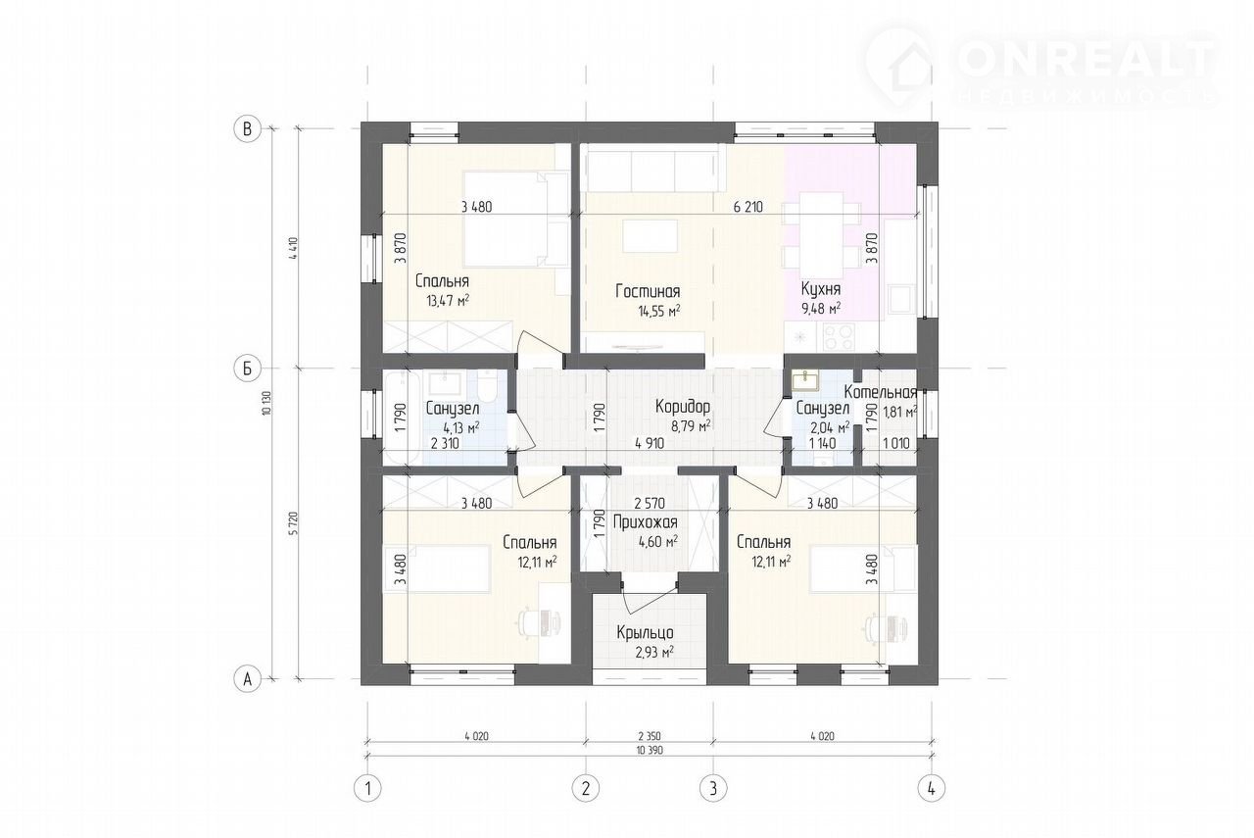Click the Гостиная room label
pyautogui.click(x=648, y=291)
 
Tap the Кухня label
pyautogui.click(x=821, y=289)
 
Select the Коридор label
pyautogui.click(x=683, y=407)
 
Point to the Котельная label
pyautogui.click(x=881, y=392)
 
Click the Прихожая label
pyautogui.click(x=646, y=522)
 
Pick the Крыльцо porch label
pyautogui.click(x=646, y=633)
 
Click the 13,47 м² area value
pyautogui.click(x=448, y=301)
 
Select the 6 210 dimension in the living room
pyautogui.click(x=748, y=207)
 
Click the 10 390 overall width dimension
pyautogui.click(x=650, y=751)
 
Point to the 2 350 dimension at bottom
pyautogui.click(x=650, y=736)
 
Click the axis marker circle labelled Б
pyautogui.click(x=247, y=368)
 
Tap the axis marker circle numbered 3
pyautogui.click(x=713, y=789)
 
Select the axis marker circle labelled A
pyautogui.click(x=247, y=679)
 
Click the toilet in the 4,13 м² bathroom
pyautogui.click(x=488, y=386)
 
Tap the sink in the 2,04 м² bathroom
pyautogui.click(x=805, y=381)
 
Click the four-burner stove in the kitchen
pyautogui.click(x=839, y=337)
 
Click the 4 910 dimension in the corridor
pyautogui.click(x=650, y=444)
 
